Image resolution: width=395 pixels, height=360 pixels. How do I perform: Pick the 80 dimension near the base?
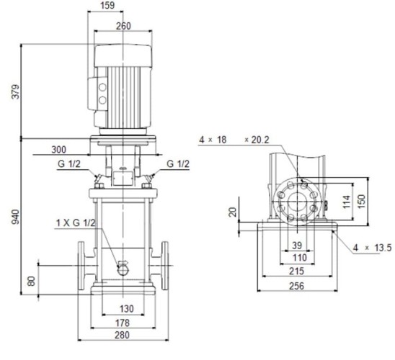31,280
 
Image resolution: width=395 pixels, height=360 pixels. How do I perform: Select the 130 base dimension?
123,309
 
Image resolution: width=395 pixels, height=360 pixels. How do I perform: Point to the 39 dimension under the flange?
297,245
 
